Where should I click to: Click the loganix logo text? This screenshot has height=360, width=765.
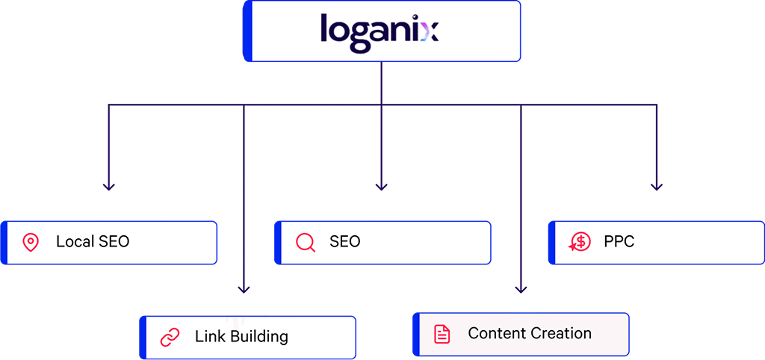click(x=379, y=31)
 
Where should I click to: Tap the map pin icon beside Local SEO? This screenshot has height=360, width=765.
click(x=30, y=242)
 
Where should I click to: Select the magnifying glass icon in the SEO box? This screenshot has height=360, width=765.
click(x=304, y=242)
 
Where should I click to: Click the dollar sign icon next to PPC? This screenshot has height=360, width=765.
click(x=579, y=242)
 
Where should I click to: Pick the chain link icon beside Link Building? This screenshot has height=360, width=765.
click(x=170, y=337)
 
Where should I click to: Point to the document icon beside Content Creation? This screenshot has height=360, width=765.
click(x=443, y=334)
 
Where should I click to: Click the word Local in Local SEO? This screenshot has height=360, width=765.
click(x=75, y=242)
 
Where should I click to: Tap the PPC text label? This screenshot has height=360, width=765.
click(x=619, y=242)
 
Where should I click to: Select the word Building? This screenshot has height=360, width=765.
click(x=259, y=336)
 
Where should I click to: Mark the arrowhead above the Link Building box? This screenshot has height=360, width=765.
click(x=244, y=288)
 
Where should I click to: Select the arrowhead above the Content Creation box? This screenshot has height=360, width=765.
click(x=521, y=288)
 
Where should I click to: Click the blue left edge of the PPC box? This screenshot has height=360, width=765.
click(x=552, y=242)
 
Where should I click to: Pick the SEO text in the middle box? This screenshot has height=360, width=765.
click(x=344, y=242)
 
